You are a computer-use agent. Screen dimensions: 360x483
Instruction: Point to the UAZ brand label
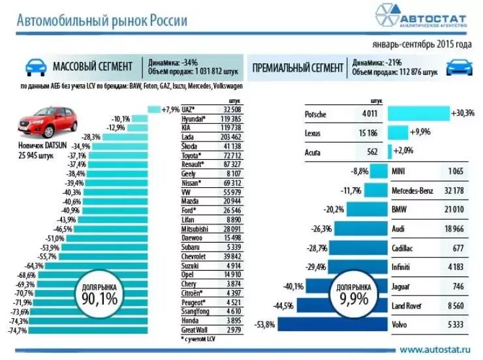point(188,110)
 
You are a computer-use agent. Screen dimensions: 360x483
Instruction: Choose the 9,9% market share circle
point(354,295)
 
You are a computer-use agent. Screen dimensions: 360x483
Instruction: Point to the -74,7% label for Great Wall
point(37,331)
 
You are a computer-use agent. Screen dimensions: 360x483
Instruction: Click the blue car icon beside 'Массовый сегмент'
point(36,67)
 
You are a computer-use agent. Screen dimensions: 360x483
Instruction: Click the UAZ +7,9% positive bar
point(154,110)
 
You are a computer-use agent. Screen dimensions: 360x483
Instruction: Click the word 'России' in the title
point(169,21)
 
